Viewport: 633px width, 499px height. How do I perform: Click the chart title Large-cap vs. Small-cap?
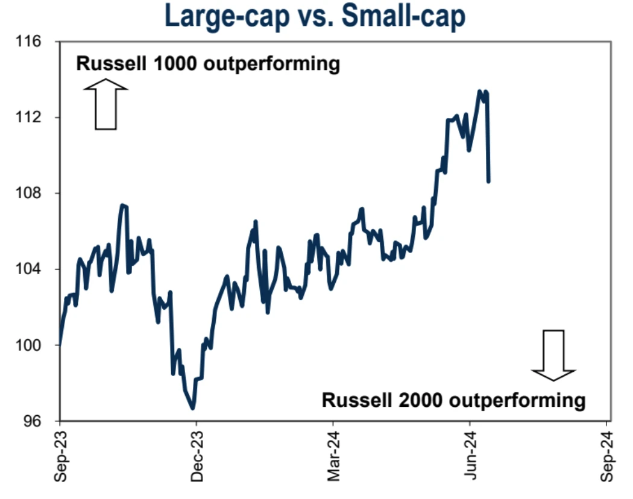[315, 16]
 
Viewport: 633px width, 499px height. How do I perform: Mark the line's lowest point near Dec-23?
[193, 409]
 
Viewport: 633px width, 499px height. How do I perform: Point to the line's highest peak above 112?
[480, 92]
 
